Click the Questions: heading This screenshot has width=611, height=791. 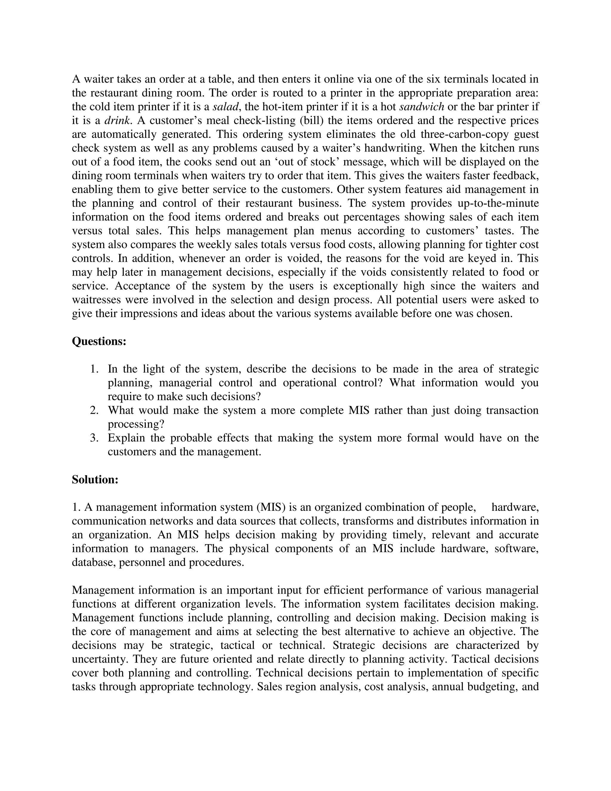99,341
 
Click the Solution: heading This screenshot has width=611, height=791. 95,480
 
